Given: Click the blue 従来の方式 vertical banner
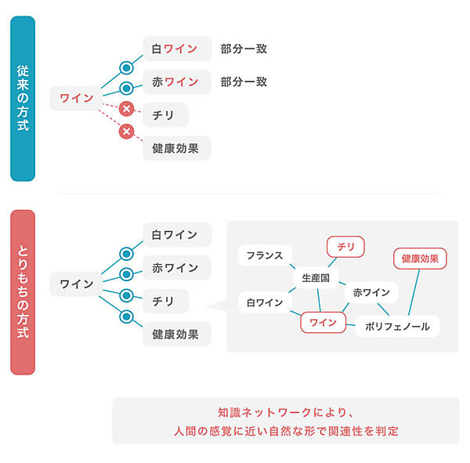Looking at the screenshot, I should [x=23, y=98].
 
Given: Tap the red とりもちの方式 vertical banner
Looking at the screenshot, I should [x=23, y=291].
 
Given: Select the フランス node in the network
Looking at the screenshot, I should [x=264, y=255].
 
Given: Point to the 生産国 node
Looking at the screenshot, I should [x=314, y=277].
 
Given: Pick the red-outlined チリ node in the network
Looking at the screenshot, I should [x=345, y=247].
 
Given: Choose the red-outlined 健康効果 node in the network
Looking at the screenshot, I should [x=419, y=258].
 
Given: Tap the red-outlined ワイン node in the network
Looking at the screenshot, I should [x=323, y=321].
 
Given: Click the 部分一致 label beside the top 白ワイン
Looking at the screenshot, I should [x=244, y=49].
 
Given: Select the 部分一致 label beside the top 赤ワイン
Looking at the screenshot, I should [x=244, y=81].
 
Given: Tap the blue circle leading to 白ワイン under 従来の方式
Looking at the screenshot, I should [x=125, y=67].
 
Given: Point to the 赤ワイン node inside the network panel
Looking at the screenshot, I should [x=371, y=292].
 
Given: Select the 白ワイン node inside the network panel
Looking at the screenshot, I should [x=264, y=301].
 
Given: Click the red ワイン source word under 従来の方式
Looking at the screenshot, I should [x=76, y=98].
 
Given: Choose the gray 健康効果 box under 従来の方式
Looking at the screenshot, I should [x=176, y=147].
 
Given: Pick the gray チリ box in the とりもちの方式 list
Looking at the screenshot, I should [x=164, y=300].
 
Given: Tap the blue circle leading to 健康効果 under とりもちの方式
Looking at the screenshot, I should [x=125, y=317].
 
